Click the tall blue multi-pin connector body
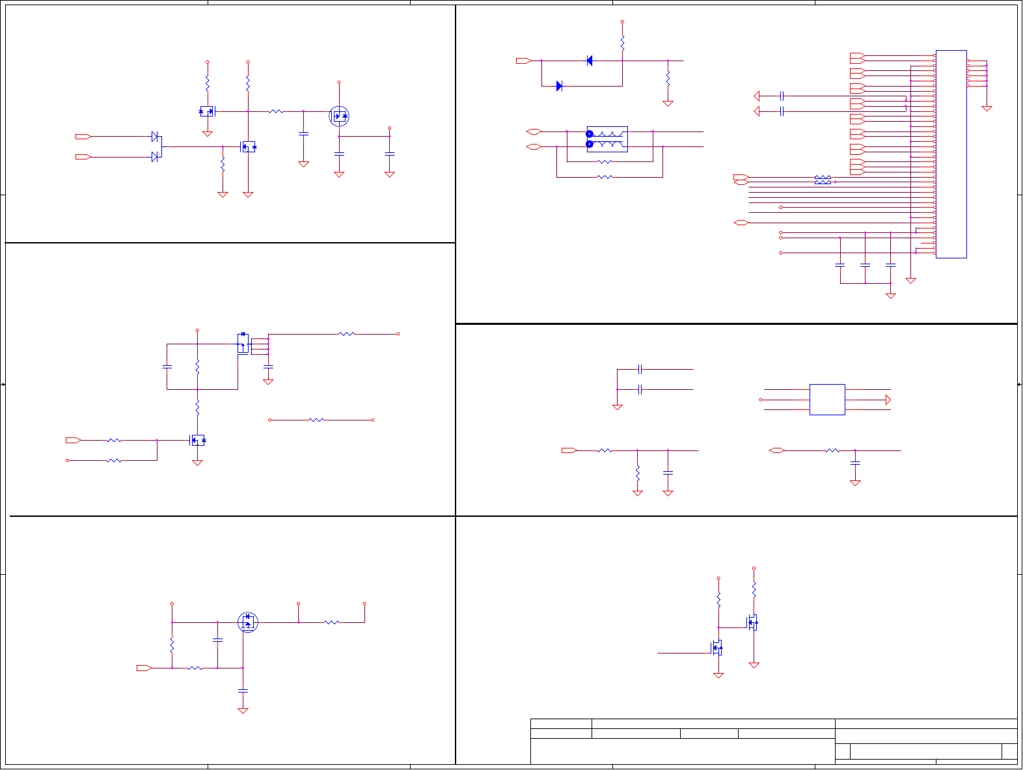pyautogui.click(x=951, y=154)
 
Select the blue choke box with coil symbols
pyautogui.click(x=607, y=139)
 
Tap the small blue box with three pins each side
pyautogui.click(x=827, y=400)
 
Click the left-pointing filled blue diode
pyautogui.click(x=590, y=61)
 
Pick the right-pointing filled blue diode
pyautogui.click(x=559, y=86)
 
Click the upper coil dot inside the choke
pyautogui.click(x=590, y=134)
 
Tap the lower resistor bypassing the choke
pyautogui.click(x=605, y=176)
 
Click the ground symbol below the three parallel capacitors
pyautogui.click(x=891, y=296)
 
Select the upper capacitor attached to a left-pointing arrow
pyautogui.click(x=782, y=96)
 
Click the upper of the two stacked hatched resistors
pyautogui.click(x=823, y=177)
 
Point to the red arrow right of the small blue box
pyautogui.click(x=888, y=400)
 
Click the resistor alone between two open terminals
pyautogui.click(x=316, y=420)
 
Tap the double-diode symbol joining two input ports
pyautogui.click(x=156, y=146)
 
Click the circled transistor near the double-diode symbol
pyautogui.click(x=339, y=117)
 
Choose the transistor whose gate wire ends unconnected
pyautogui.click(x=716, y=648)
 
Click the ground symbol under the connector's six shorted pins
pyautogui.click(x=987, y=108)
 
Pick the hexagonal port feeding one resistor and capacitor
pyautogui.click(x=776, y=450)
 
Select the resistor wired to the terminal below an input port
pyautogui.click(x=114, y=460)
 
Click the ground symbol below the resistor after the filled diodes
pyautogui.click(x=668, y=103)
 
